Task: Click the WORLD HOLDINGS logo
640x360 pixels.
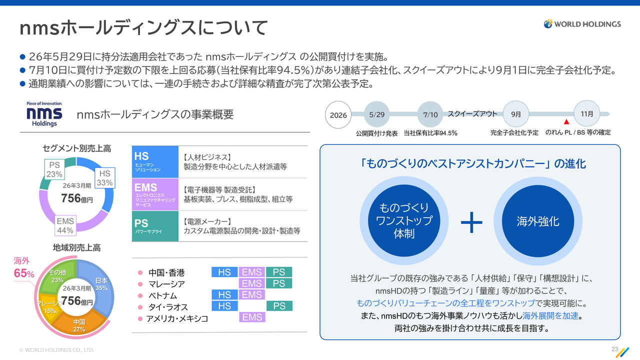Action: point(582,24)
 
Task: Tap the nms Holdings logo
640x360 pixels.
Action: point(44,114)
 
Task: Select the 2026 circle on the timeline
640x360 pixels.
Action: point(338,115)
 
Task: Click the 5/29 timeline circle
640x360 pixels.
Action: point(376,114)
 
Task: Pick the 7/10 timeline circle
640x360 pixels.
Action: point(430,114)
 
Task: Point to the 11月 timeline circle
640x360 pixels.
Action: point(587,113)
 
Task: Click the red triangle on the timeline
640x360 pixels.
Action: point(566,122)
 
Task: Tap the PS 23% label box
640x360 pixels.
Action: point(54,169)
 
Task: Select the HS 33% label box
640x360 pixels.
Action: point(104,177)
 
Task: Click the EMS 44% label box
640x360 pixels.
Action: point(65,225)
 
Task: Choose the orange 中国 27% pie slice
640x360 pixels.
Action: point(79,323)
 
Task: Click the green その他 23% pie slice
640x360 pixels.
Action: point(55,278)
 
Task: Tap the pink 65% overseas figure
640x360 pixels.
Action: point(24,273)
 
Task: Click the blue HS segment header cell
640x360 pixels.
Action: point(155,161)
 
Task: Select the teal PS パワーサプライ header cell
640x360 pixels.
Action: point(155,226)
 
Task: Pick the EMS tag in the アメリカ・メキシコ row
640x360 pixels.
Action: point(252,317)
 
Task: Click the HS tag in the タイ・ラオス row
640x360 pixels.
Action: point(224,306)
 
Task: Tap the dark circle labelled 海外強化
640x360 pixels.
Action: point(538,221)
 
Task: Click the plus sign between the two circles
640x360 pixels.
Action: point(471,222)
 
